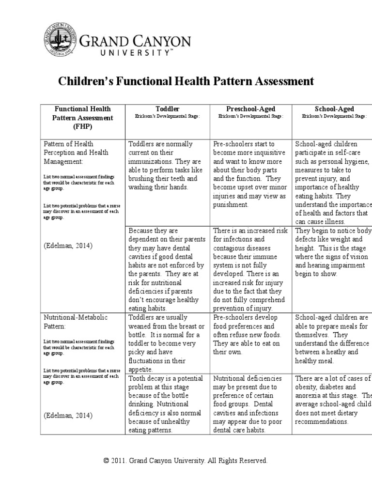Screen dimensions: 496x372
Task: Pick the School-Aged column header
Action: [334, 109]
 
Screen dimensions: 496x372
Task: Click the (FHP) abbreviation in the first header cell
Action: [83, 127]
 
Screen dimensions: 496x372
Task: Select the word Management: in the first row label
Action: [64, 161]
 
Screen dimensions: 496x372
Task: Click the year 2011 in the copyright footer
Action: [117, 461]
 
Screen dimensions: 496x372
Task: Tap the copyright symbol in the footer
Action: [106, 461]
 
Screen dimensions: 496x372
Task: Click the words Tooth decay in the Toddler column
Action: [148, 378]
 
